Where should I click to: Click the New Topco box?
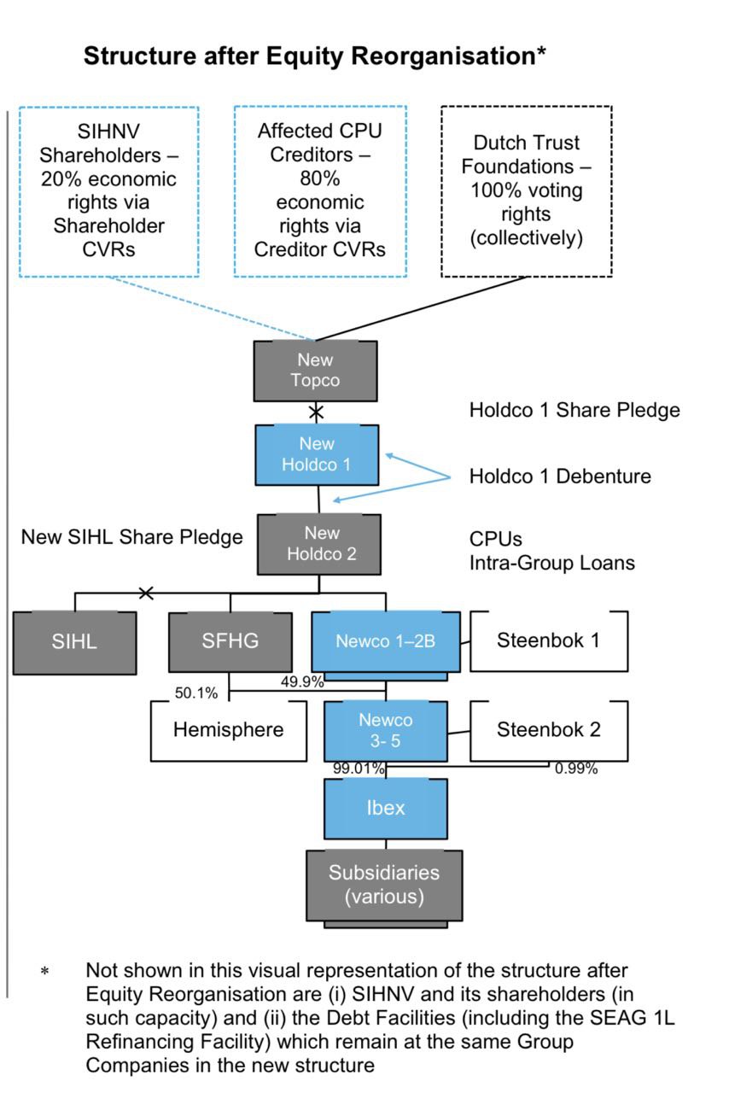pos(315,371)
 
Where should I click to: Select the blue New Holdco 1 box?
pos(318,455)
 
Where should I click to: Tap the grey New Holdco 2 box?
pos(320,544)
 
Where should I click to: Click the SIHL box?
pos(74,641)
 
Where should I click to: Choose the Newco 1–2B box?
pos(385,642)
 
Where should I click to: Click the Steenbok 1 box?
pos(548,640)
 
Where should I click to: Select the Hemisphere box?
pos(228,730)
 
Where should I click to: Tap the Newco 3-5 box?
pos(385,731)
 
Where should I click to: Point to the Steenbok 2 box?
pos(548,730)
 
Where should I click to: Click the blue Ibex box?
pos(385,807)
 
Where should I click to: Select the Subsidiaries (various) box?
pos(384,885)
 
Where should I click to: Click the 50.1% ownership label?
pos(196,693)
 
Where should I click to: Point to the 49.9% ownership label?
pos(301,681)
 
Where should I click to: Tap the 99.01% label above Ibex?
pos(359,769)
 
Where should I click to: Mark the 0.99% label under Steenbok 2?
pos(575,769)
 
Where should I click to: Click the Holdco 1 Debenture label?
pos(559,476)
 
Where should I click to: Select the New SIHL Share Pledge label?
pos(131,537)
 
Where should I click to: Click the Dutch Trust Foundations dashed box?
pos(526,191)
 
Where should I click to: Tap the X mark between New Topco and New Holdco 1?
pos(316,412)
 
